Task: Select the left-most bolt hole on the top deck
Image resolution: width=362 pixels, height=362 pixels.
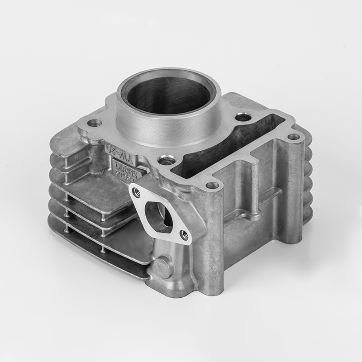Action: coord(94,123)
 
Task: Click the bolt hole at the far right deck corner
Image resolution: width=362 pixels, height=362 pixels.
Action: coord(293,136)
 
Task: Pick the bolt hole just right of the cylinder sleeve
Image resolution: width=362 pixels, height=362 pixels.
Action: coord(243,118)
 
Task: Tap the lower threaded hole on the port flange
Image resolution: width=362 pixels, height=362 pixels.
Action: coord(184,234)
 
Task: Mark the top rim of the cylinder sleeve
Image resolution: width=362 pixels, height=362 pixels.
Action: coord(167,72)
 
